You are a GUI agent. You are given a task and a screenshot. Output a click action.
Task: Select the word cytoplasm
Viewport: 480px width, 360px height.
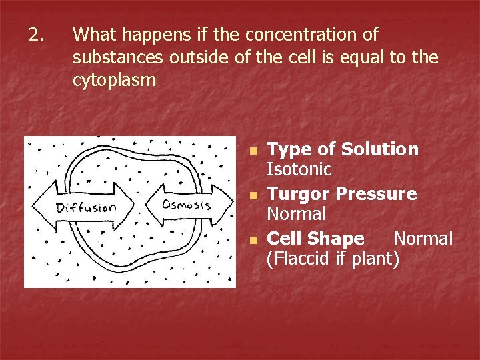pyautogui.click(x=114, y=80)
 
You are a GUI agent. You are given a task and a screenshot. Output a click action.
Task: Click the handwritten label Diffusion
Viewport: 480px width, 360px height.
pyautogui.click(x=87, y=207)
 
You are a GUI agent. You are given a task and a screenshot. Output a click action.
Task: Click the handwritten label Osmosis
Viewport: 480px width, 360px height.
pyautogui.click(x=187, y=204)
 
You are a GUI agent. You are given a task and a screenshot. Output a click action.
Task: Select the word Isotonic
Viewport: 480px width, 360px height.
pyautogui.click(x=299, y=170)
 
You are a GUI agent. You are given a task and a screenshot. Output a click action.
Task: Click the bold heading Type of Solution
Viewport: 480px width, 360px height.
pyautogui.click(x=343, y=149)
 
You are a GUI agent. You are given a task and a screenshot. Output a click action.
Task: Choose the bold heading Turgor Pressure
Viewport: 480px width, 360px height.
pyautogui.click(x=341, y=194)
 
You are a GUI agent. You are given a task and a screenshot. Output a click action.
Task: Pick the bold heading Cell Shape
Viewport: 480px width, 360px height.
pyautogui.click(x=315, y=239)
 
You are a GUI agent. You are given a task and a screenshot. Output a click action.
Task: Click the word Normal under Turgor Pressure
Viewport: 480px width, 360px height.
pyautogui.click(x=296, y=215)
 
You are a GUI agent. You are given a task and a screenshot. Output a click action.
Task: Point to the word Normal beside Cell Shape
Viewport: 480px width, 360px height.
pyautogui.click(x=423, y=239)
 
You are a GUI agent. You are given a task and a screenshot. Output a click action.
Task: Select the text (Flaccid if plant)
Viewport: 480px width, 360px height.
pyautogui.click(x=333, y=259)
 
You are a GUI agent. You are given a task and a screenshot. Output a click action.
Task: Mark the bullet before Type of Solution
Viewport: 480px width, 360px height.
pyautogui.click(x=253, y=151)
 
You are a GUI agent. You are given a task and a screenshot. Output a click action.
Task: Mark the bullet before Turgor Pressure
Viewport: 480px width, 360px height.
pyautogui.click(x=253, y=195)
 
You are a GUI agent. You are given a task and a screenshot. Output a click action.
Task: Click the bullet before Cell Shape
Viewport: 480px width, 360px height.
pyautogui.click(x=253, y=240)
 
